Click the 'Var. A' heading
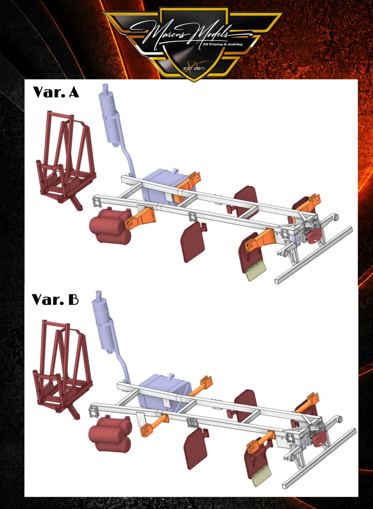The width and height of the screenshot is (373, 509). [x=56, y=92]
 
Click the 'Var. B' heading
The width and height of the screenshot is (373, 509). [x=55, y=300]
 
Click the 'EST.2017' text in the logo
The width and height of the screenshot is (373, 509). [x=194, y=68]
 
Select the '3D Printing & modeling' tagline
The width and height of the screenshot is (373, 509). [x=223, y=44]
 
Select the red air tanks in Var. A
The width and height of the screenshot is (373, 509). [x=111, y=226]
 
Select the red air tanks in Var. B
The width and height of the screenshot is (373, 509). [x=110, y=434]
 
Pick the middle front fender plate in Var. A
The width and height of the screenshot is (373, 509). [x=193, y=242]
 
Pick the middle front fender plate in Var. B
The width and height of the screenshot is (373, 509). [x=196, y=448]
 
